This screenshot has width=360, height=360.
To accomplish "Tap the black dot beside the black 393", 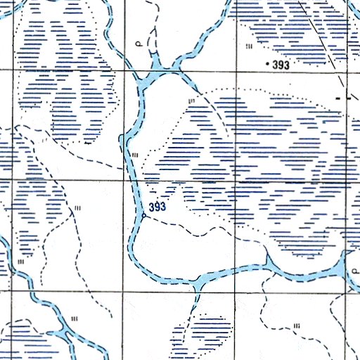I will pyautogui.click(x=266, y=65).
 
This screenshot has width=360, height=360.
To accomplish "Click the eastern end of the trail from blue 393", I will pyautogui.click(x=266, y=241).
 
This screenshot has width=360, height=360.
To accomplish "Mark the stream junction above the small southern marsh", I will pyautogui.click(x=195, y=284).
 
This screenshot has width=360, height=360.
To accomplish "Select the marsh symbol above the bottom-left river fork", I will pyautogui.click(x=74, y=320).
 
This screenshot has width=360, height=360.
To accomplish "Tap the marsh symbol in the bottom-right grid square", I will pyautogui.click(x=297, y=325).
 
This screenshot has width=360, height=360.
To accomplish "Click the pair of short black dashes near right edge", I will pyautogui.click(x=343, y=99).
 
